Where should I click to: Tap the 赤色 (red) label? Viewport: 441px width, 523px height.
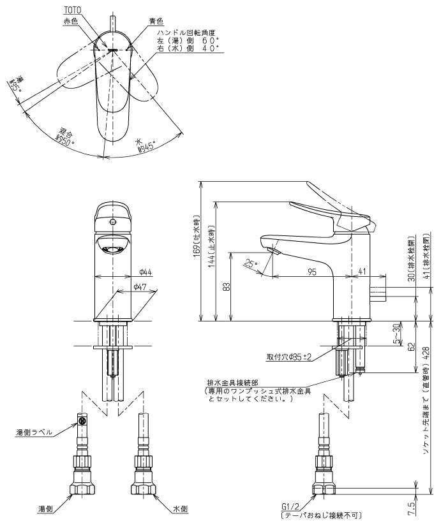tap(71, 21)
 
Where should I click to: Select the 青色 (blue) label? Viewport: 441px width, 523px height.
tap(155, 21)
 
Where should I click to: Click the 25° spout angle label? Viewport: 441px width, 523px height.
tap(252, 262)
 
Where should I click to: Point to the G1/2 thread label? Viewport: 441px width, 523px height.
tap(289, 506)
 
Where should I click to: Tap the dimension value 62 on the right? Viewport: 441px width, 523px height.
tap(412, 348)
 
